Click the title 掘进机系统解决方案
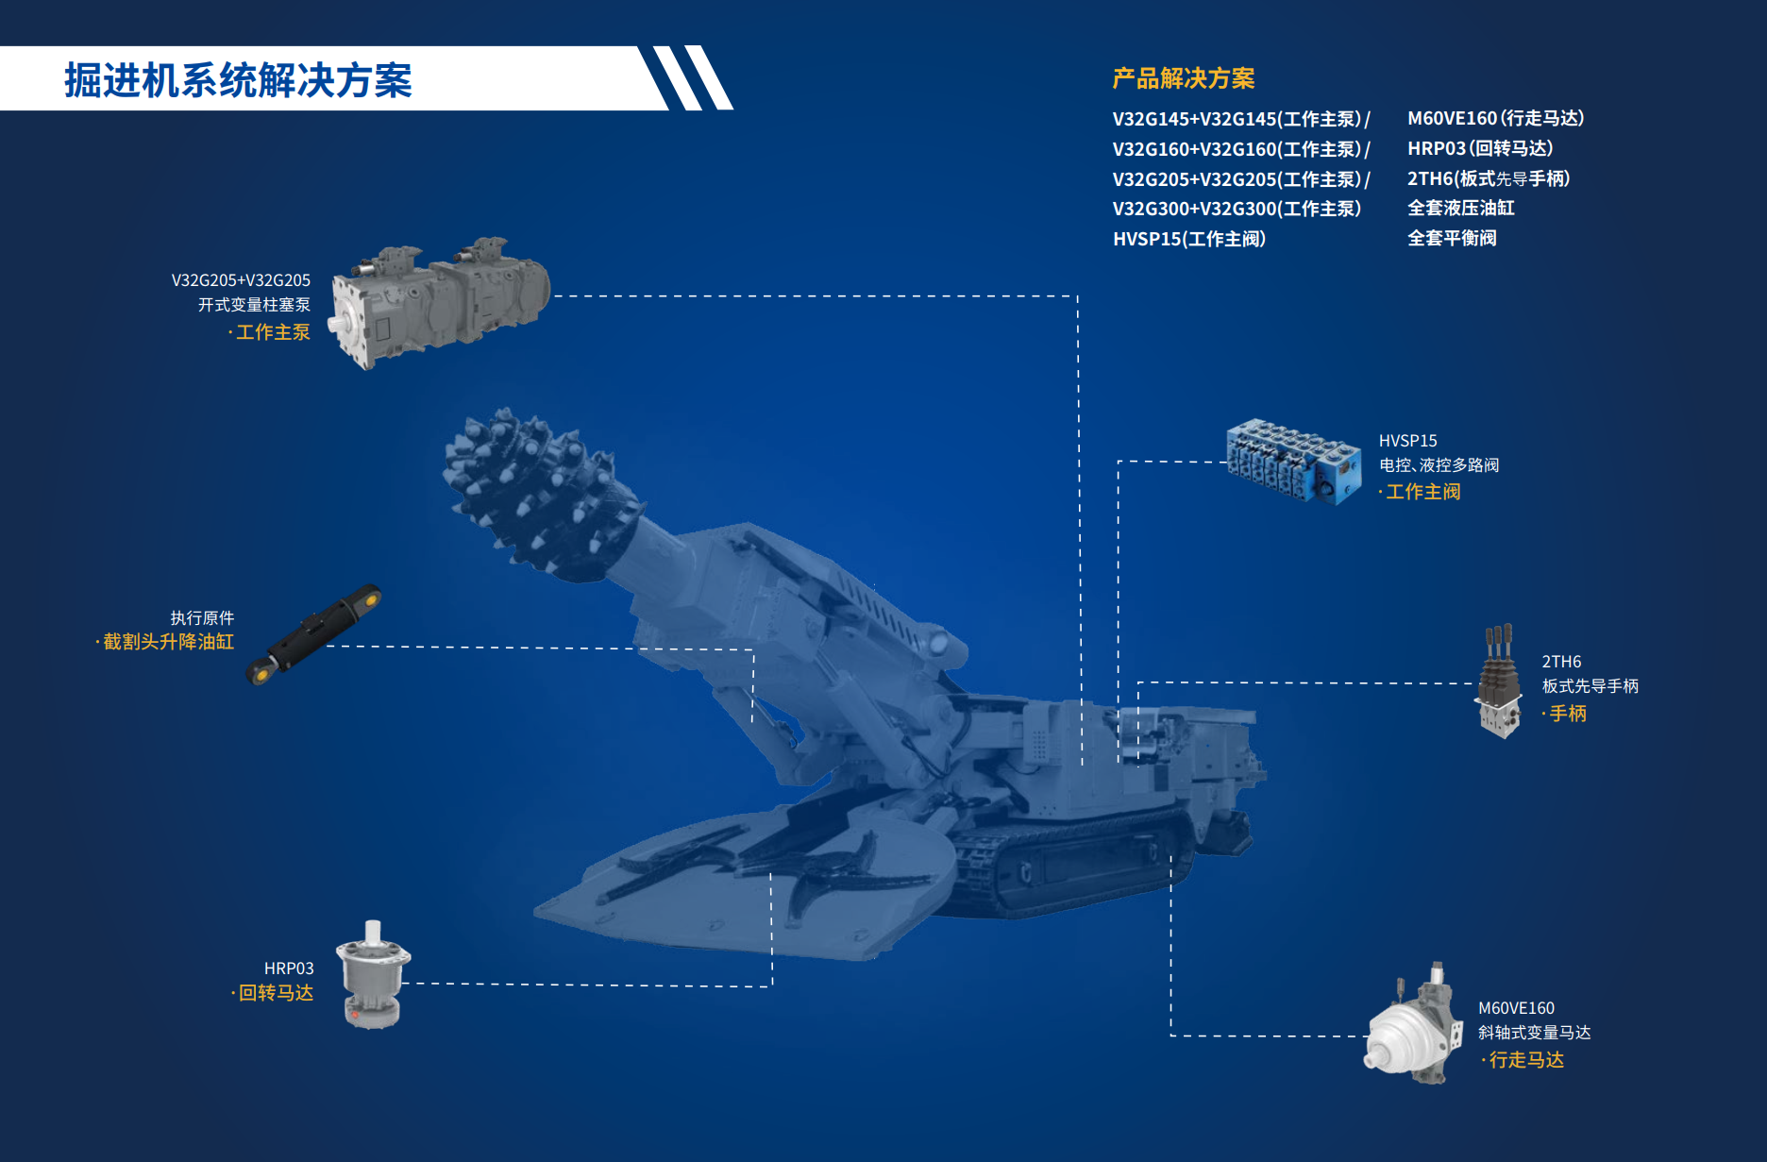(238, 80)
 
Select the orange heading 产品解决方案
(1184, 78)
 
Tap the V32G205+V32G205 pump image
(440, 301)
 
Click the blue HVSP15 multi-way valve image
(1293, 461)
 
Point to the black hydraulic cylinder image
(313, 634)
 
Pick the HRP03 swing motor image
(374, 974)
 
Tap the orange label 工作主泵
(273, 332)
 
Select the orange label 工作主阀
(1422, 492)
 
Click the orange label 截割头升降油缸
(168, 642)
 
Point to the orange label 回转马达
(276, 993)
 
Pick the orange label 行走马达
(1526, 1060)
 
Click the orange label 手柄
(1568, 714)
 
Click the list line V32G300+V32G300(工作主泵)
(1237, 209)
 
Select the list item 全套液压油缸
(1461, 208)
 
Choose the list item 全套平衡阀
(1452, 238)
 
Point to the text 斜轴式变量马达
(1534, 1033)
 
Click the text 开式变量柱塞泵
(254, 305)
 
